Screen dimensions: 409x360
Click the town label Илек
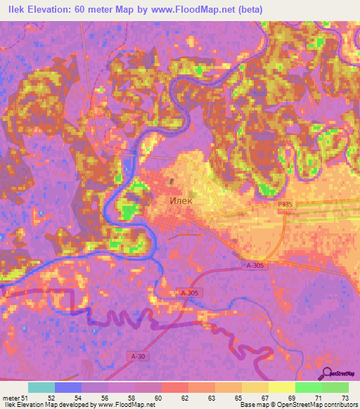pyautogui.click(x=181, y=200)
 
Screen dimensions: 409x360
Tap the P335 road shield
pyautogui.click(x=283, y=201)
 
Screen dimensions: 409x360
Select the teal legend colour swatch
pyautogui.click(x=41, y=387)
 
